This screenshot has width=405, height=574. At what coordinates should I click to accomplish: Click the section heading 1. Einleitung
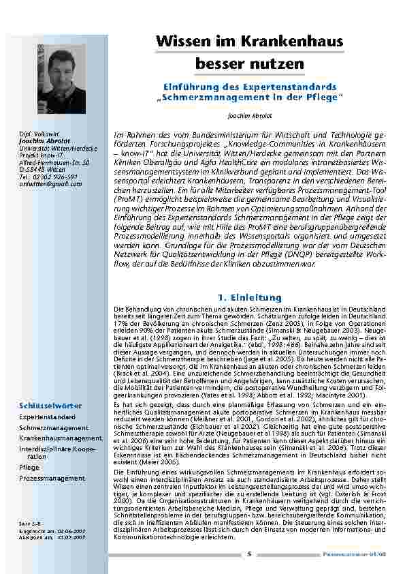pos(248,297)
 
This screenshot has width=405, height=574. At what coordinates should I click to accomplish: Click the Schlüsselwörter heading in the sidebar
pos(50,406)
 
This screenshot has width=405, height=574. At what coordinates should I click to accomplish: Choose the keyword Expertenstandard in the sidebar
pos(47,415)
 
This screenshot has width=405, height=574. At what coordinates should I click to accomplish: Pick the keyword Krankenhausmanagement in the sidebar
pos(61,438)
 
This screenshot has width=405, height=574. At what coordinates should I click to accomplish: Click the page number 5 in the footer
pos(248,553)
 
